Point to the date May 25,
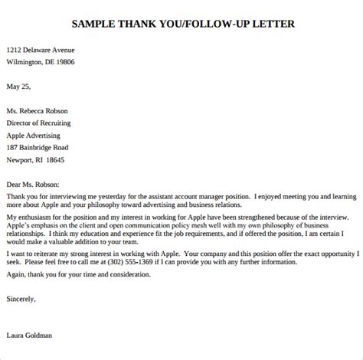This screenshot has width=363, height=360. point(18,86)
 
